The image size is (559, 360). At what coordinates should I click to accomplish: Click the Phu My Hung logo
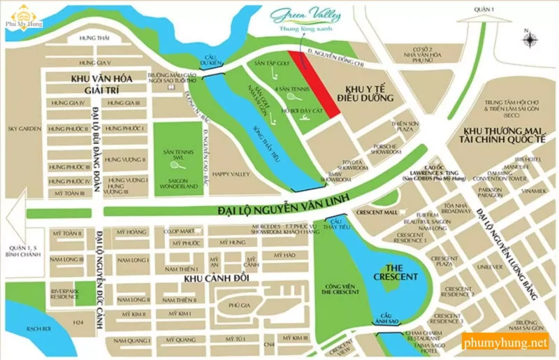point(22,14)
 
